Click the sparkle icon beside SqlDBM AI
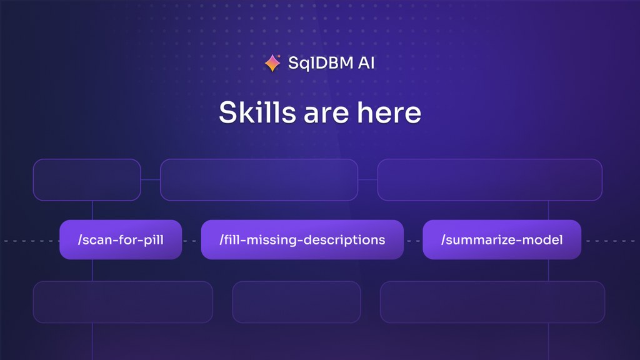(272, 63)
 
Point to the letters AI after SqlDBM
(366, 63)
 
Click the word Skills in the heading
(257, 112)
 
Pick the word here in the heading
(389, 112)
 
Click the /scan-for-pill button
(121, 239)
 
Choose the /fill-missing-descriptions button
(302, 239)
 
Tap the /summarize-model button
(502, 239)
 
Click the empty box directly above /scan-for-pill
(87, 179)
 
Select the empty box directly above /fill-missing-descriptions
(259, 179)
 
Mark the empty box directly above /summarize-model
(490, 179)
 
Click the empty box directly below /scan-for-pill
(123, 302)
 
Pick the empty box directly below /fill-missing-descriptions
(297, 302)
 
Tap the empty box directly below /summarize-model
(492, 302)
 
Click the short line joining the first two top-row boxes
(151, 179)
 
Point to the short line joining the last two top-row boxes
(367, 179)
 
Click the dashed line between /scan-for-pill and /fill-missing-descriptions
(191, 241)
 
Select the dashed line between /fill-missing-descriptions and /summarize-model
(414, 241)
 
